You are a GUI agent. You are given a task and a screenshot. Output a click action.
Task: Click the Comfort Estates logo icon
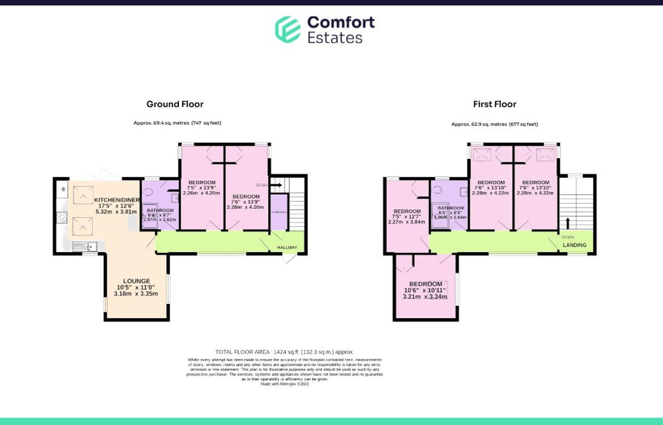tap(288, 30)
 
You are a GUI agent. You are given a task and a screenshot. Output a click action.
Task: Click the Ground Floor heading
tap(175, 104)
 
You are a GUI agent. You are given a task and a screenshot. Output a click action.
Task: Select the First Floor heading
tap(494, 104)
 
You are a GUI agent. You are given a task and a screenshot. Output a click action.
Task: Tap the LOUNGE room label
tap(136, 281)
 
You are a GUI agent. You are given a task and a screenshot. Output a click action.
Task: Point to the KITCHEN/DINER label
tap(117, 200)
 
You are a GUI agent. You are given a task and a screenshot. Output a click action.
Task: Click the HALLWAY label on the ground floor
tap(287, 247)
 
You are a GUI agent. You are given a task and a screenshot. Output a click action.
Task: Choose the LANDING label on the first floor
tap(574, 245)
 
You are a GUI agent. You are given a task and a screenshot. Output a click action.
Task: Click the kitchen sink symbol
tap(85, 246)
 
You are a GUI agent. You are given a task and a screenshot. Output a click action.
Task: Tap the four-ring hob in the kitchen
tap(62, 217)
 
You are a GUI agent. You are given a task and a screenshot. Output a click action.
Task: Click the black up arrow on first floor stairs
tap(568, 223)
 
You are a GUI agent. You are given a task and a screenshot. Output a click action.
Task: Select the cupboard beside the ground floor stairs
tap(279, 212)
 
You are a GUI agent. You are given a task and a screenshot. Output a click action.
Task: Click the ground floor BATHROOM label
tap(160, 210)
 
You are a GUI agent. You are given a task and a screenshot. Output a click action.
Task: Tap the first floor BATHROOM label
tap(451, 208)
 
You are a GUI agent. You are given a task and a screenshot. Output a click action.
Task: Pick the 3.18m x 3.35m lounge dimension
tap(136, 293)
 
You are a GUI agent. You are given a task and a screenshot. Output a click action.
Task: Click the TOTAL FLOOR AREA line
tap(284, 352)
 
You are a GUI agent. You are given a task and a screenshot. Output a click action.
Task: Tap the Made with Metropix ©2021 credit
tap(284, 384)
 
